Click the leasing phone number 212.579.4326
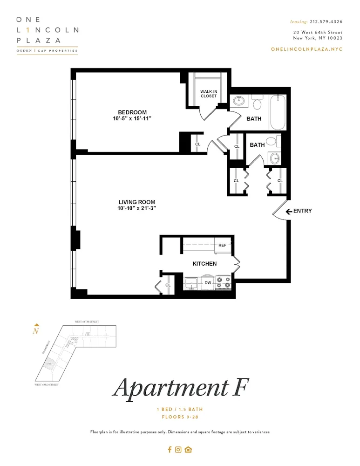pos(326,21)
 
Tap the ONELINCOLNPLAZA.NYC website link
pos(306,49)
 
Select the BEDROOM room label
pos(132,112)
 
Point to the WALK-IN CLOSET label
pos(209,94)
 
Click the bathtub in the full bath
pos(278,112)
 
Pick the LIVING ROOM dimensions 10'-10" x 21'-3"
pos(136,208)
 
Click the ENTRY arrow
pos(289,211)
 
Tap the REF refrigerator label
pos(222,245)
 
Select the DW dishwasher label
pos(208,282)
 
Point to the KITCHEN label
pos(204,264)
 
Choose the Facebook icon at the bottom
pos(170,450)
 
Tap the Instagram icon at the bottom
pos(178,450)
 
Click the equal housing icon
pos(188,450)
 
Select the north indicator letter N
pos(36,331)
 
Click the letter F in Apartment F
pos(238,387)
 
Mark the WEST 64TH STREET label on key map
pos(87,322)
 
